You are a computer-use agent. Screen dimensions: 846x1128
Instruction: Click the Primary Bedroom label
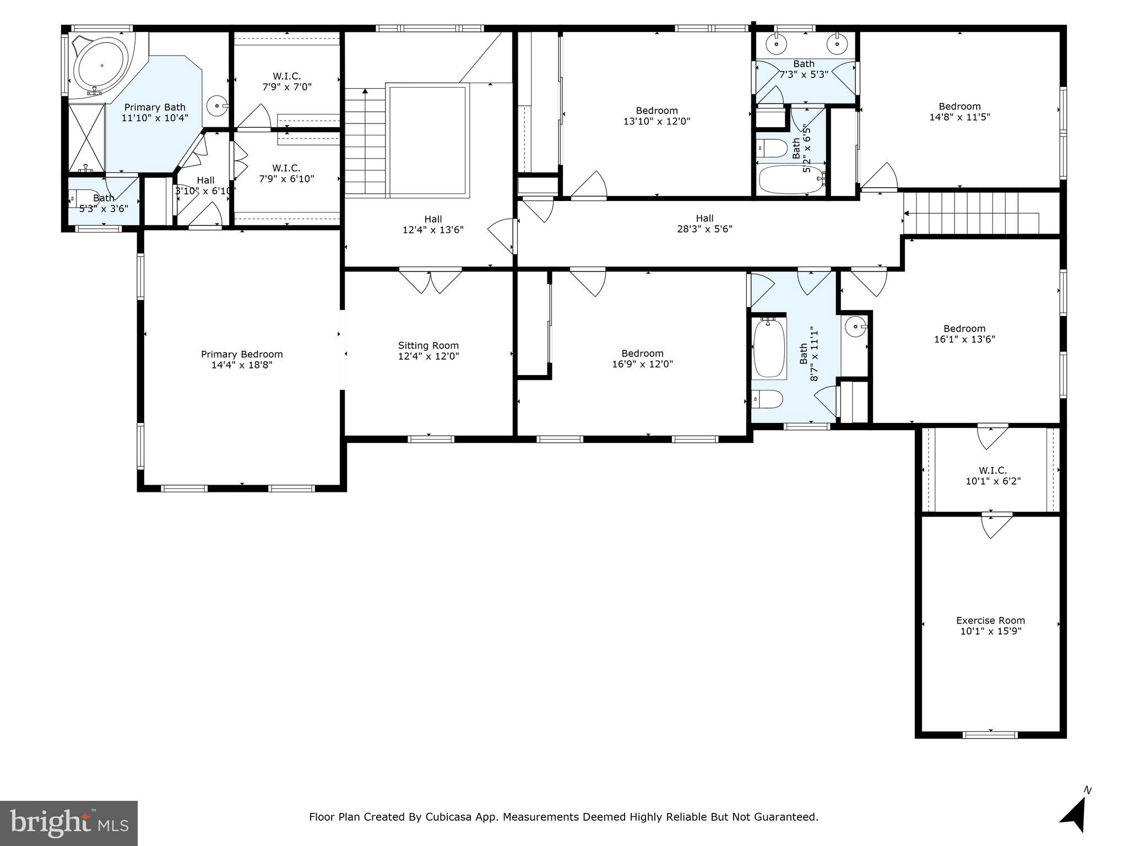[242, 354]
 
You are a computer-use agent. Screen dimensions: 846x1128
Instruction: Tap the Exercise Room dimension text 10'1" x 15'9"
[990, 631]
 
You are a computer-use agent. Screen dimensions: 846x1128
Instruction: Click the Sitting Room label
[428, 345]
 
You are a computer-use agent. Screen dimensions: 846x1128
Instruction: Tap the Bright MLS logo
[69, 823]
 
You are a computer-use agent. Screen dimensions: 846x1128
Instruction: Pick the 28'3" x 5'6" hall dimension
[704, 229]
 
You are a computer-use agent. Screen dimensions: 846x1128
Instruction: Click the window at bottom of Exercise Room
[990, 734]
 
